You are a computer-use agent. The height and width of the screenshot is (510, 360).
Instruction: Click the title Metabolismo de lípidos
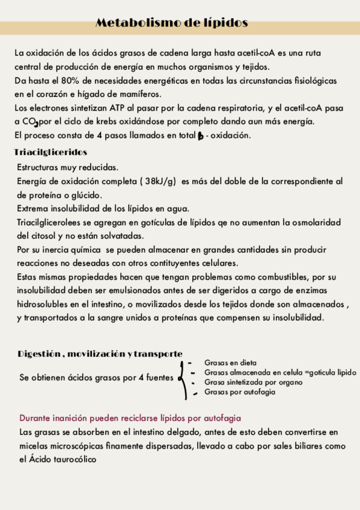tap(172, 23)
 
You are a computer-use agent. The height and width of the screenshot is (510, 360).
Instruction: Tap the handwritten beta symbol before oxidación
tap(200, 136)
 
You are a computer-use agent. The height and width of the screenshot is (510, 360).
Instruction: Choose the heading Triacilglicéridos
tap(50, 153)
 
